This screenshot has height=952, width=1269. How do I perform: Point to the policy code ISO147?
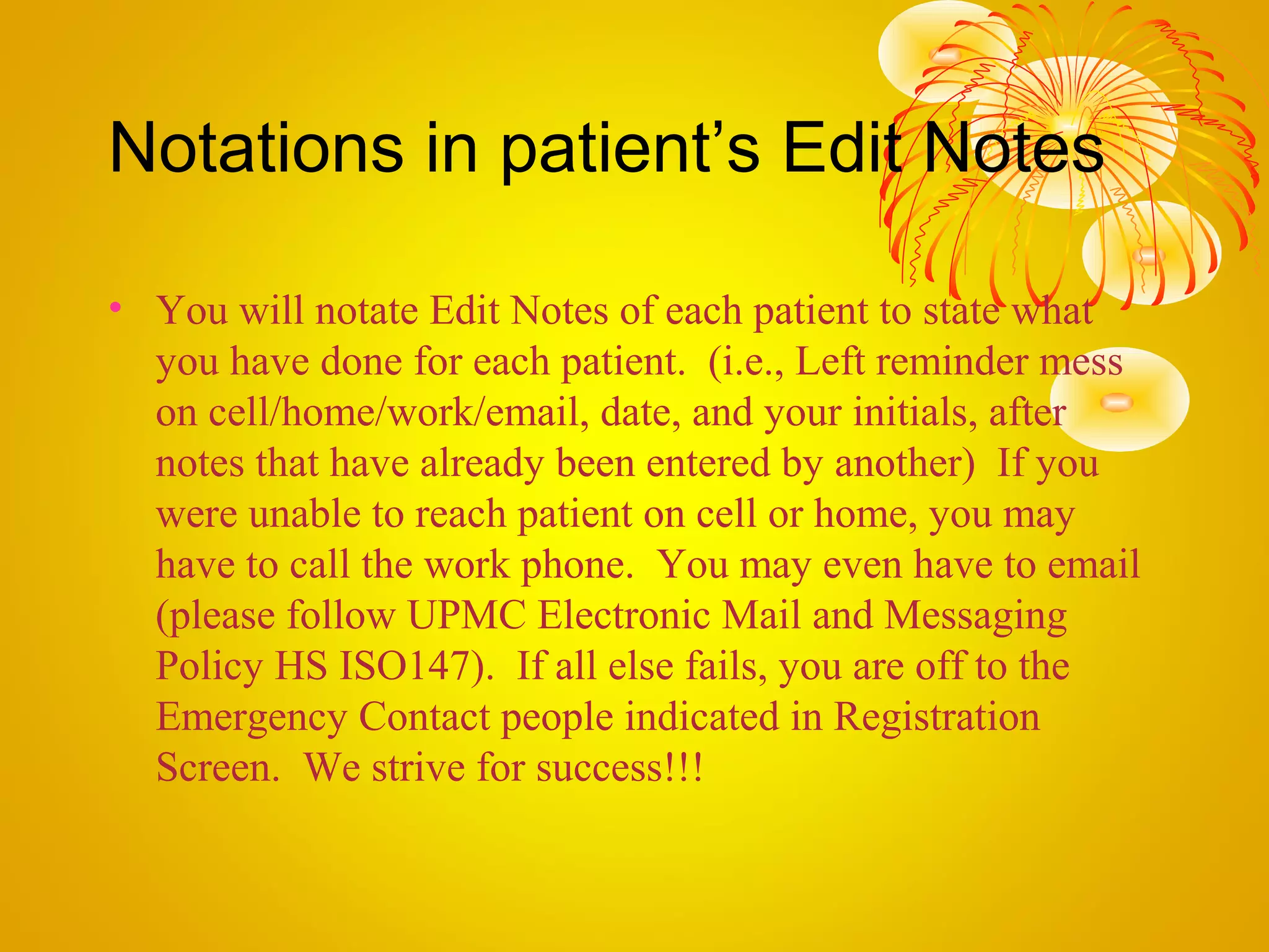(405, 666)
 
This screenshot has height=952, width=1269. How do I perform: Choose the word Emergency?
(252, 718)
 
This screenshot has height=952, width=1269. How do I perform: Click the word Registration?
(937, 717)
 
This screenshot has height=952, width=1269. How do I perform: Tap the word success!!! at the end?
(620, 768)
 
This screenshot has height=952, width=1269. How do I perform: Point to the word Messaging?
(975, 617)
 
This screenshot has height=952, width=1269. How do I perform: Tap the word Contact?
(424, 717)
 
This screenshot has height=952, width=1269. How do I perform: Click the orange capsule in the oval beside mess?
(1116, 402)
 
